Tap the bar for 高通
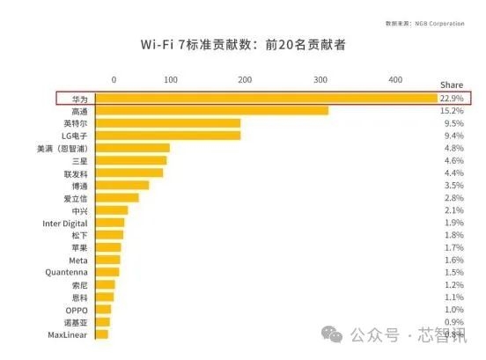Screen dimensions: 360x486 click(211, 111)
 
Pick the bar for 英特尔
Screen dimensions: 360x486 click(167, 123)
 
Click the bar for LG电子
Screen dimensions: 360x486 click(167, 136)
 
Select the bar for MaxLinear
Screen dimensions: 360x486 click(101, 334)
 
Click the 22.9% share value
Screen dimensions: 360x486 click(452, 98)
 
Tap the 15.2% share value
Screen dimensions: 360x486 click(452, 111)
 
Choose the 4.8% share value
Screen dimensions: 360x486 click(452, 148)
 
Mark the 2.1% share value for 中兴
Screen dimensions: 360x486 click(452, 210)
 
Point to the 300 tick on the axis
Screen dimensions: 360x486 click(320, 80)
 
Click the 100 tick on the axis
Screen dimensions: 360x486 click(171, 80)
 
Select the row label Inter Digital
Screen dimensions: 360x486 click(65, 223)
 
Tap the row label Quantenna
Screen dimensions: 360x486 click(66, 273)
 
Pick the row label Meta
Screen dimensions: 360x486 click(77, 261)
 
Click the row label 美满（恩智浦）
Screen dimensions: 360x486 click(60, 148)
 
